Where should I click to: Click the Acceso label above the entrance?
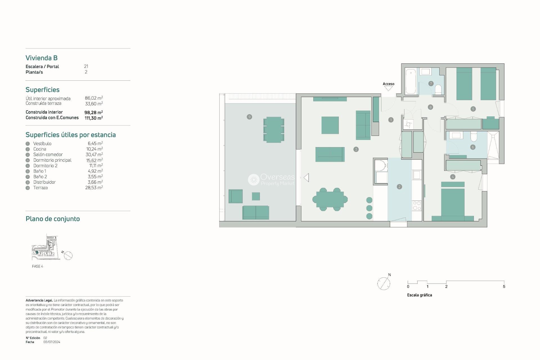click(x=388, y=84)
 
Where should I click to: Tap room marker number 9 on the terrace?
click(x=249, y=117)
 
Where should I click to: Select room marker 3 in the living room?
click(x=356, y=149)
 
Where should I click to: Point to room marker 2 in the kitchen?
click(x=399, y=187)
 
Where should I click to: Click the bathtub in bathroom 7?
click(x=411, y=81)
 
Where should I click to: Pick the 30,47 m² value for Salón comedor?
click(x=94, y=155)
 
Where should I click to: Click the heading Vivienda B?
click(x=42, y=58)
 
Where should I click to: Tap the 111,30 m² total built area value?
click(x=93, y=118)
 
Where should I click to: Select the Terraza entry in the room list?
click(x=40, y=188)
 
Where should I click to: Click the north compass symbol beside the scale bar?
click(x=384, y=283)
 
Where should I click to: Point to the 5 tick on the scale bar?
click(x=504, y=287)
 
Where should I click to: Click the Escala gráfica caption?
click(x=419, y=295)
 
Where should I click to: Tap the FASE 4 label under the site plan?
click(x=37, y=266)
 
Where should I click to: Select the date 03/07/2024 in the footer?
click(x=52, y=342)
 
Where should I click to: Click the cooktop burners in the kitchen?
click(x=417, y=206)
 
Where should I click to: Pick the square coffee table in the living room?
click(x=330, y=125)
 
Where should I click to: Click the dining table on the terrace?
click(x=274, y=130)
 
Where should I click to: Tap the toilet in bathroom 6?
click(x=474, y=136)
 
